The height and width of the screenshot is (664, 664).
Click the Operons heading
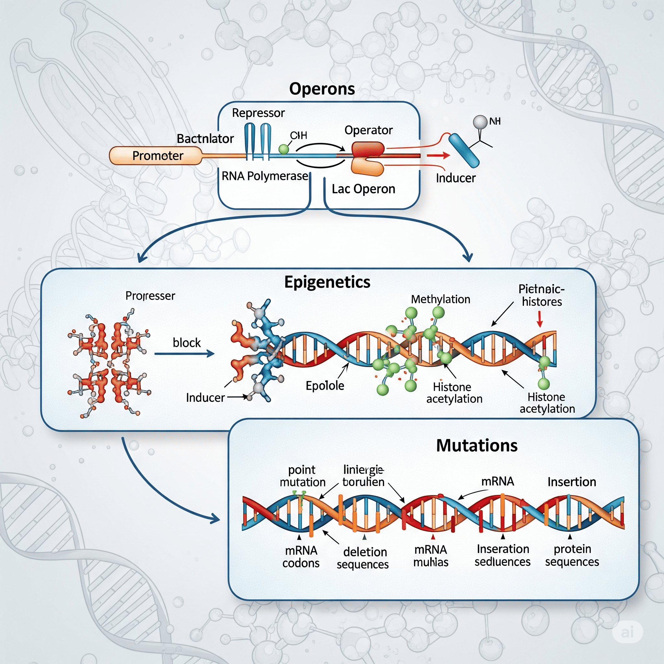point(322,89)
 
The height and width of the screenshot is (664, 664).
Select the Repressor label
point(258,113)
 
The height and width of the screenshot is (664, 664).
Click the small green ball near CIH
point(284,149)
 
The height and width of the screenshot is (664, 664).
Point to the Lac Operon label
point(363,189)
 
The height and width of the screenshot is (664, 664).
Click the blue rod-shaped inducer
point(464,150)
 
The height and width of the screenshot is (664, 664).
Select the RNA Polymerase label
point(265,176)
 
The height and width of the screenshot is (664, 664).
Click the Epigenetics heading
point(327,282)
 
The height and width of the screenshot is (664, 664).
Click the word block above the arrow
point(187,343)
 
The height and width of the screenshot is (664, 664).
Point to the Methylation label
point(440,299)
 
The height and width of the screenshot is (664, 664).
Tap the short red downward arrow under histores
point(539,319)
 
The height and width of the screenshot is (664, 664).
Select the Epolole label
point(325,385)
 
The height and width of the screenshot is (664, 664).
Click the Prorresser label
point(150,296)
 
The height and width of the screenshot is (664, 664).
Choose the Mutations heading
point(477,445)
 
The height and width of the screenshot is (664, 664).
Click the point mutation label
point(302,476)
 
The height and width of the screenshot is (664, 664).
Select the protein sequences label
point(572,555)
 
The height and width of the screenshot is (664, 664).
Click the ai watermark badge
point(628,632)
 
